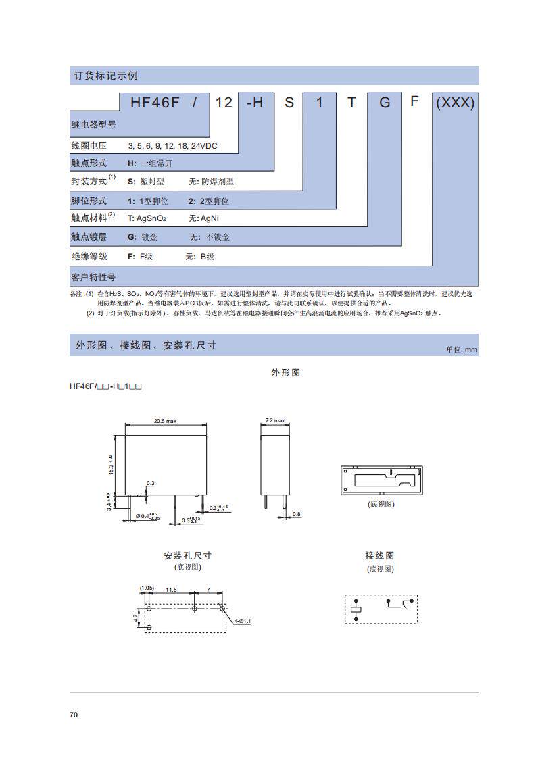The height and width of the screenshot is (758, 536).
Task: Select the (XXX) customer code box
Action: pos(456,102)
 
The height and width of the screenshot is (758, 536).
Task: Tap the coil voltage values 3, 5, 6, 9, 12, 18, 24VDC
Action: pos(173,146)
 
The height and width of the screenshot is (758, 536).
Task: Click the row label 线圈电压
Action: pos(89,146)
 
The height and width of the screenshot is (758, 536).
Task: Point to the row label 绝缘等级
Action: pos(89,257)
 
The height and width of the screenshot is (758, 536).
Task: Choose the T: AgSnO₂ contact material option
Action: pos(147,218)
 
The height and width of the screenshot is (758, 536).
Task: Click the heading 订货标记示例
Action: pos(105,76)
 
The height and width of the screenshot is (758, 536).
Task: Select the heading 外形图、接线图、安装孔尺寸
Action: pos(145,345)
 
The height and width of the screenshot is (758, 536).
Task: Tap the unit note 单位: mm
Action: pos(462,349)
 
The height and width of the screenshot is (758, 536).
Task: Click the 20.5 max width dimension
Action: pos(165,421)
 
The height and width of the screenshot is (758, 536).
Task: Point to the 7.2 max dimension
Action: pos(275,421)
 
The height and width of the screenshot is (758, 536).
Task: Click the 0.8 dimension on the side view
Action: pos(296,515)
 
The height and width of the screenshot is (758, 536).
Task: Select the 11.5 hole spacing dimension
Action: pos(170,590)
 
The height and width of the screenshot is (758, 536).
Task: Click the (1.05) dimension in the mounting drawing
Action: pos(147,588)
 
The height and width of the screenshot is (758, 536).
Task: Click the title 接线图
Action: pos(379,556)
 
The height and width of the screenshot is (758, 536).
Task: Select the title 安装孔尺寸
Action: pos(187,556)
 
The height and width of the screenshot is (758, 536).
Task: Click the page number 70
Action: pos(74,715)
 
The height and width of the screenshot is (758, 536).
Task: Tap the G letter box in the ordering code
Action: pos(385,102)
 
